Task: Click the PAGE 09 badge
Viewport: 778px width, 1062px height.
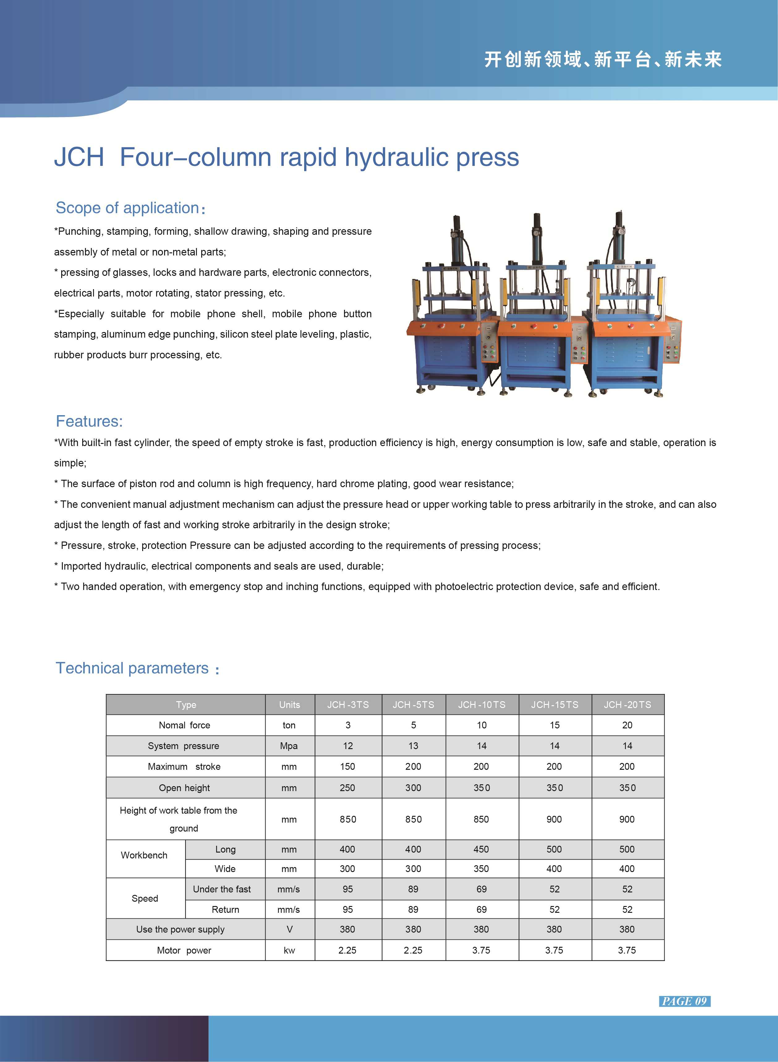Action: [x=684, y=1001]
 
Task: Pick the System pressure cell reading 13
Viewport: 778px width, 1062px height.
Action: [x=413, y=746]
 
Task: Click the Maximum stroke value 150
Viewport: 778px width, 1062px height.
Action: [x=347, y=766]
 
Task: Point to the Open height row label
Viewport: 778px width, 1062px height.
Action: [x=184, y=788]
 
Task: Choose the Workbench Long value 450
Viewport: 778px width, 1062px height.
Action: [x=481, y=849]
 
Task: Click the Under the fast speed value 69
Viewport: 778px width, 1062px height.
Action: [x=481, y=889]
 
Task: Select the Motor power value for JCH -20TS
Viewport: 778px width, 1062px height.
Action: [x=627, y=950]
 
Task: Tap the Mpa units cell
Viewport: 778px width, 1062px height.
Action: [x=289, y=746]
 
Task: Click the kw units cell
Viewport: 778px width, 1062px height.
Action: [x=289, y=950]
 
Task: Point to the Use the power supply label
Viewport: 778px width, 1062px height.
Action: [x=181, y=929]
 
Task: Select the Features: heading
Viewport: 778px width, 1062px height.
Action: [x=89, y=421]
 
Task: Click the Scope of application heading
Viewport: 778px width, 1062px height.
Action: [x=128, y=208]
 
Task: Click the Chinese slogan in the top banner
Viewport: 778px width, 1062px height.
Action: [x=603, y=60]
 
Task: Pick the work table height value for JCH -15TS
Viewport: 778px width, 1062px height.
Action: [x=554, y=819]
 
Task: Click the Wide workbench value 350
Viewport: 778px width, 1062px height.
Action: [x=481, y=869]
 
